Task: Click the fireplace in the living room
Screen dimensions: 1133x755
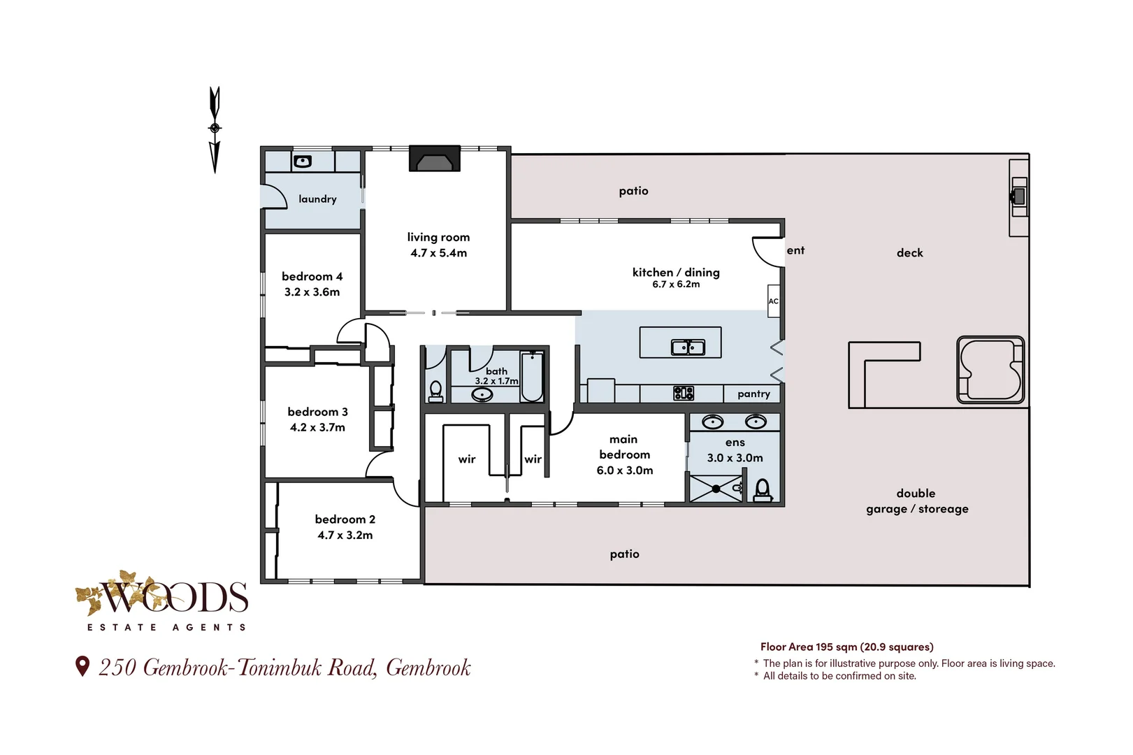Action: tap(435, 159)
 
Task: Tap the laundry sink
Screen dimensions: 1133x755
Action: tap(303, 161)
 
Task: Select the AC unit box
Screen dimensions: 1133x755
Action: tap(773, 301)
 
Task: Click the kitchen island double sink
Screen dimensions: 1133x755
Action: tap(688, 347)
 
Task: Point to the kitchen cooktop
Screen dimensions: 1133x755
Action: tap(684, 393)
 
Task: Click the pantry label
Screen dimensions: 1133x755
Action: tap(753, 394)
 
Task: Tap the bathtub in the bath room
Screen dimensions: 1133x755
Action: tap(532, 377)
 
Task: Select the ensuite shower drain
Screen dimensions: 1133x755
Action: tap(716, 489)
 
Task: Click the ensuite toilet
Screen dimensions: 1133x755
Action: tap(763, 490)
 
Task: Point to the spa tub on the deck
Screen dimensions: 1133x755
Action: tap(990, 370)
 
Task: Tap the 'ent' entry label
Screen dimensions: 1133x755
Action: tap(795, 250)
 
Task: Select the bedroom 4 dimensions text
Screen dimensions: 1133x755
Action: tap(312, 292)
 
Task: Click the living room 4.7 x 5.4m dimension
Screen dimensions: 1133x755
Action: tap(438, 253)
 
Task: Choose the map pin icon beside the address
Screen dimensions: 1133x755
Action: tap(82, 666)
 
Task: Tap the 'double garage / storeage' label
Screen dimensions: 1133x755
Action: tap(916, 501)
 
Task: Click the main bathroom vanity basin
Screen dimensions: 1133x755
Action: tap(482, 394)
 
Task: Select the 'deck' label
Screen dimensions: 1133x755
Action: tap(909, 252)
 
